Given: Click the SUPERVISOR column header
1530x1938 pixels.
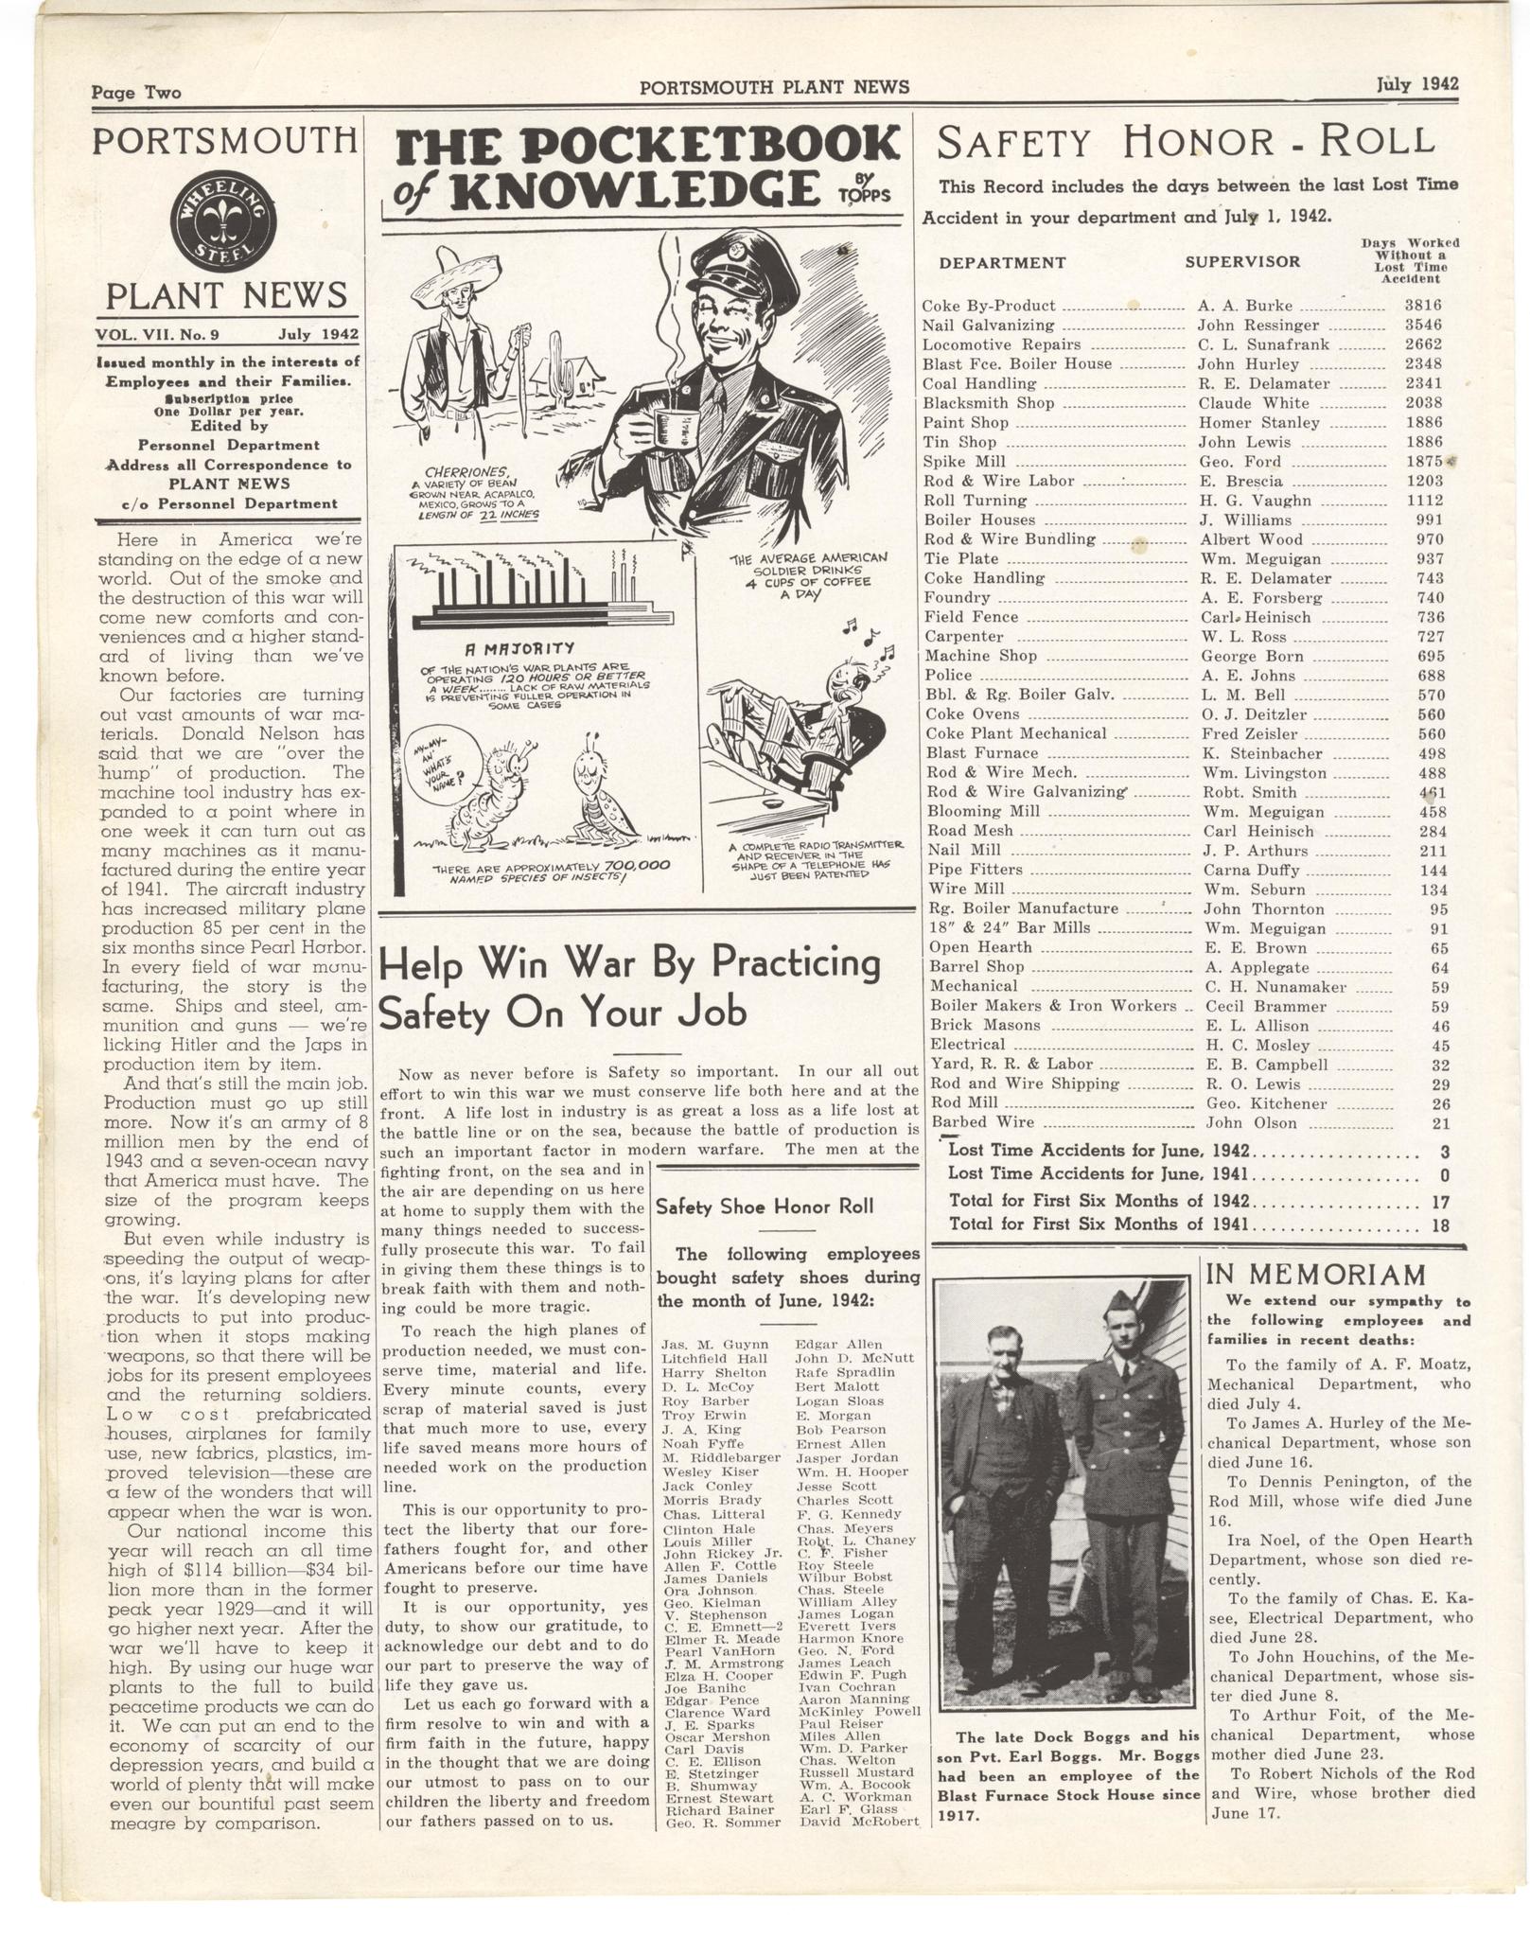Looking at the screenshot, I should click(1242, 262).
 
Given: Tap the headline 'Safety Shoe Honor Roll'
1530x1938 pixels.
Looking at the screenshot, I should click(765, 1207).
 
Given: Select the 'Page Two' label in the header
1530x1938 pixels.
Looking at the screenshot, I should click(136, 92).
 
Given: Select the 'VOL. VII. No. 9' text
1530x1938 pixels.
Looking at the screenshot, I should click(157, 334).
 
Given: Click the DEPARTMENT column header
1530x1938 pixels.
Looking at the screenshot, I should click(1003, 263).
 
